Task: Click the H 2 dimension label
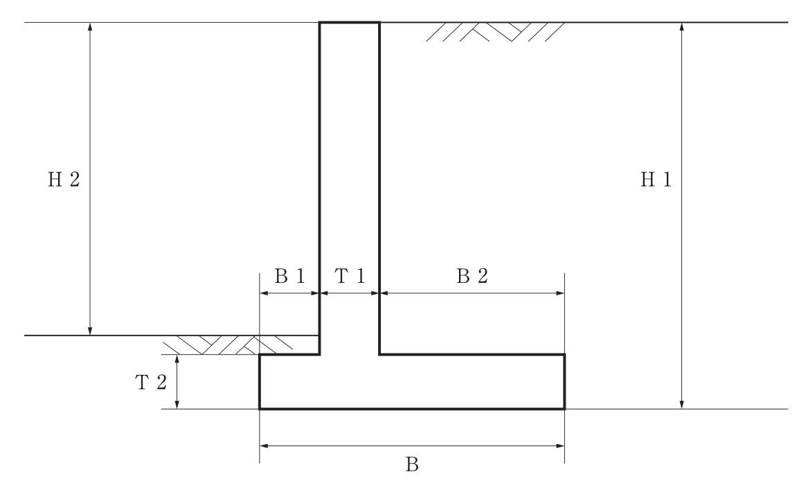click(x=64, y=180)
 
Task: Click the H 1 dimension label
click(x=656, y=180)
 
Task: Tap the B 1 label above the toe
click(x=289, y=276)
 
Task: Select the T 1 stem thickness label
click(x=350, y=276)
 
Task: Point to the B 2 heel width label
click(x=472, y=276)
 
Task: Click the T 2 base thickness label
click(x=151, y=382)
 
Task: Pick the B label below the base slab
click(x=412, y=465)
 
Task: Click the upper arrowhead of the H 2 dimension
click(x=90, y=27)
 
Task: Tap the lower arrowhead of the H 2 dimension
click(x=90, y=331)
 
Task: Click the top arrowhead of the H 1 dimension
click(x=682, y=27)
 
